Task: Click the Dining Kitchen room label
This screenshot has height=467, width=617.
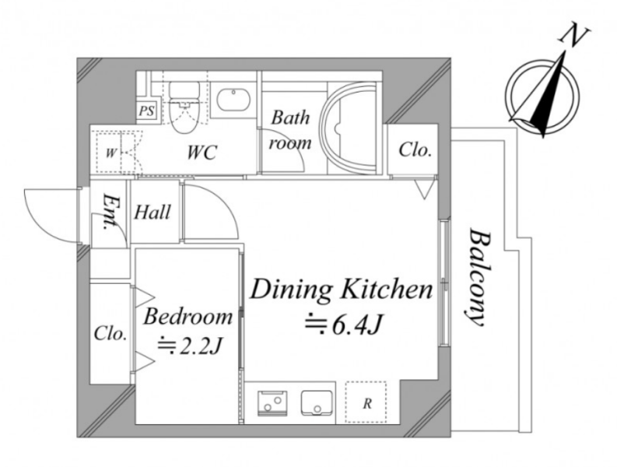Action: click(341, 290)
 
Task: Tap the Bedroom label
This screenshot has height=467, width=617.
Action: click(188, 317)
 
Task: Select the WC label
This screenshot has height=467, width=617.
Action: click(202, 153)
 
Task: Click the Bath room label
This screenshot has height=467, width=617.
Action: click(290, 130)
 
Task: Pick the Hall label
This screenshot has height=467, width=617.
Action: click(152, 212)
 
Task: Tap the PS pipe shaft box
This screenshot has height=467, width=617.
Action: click(146, 111)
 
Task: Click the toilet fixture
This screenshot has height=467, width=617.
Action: click(184, 107)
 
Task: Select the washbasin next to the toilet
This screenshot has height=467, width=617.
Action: click(233, 100)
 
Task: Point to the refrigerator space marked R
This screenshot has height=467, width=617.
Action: click(366, 402)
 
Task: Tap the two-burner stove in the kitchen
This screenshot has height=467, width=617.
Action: click(272, 403)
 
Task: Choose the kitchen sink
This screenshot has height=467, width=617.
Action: click(317, 403)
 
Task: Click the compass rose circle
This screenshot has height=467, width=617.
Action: click(542, 97)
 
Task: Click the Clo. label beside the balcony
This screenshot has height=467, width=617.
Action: click(415, 149)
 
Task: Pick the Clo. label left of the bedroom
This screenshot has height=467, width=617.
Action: click(110, 333)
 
